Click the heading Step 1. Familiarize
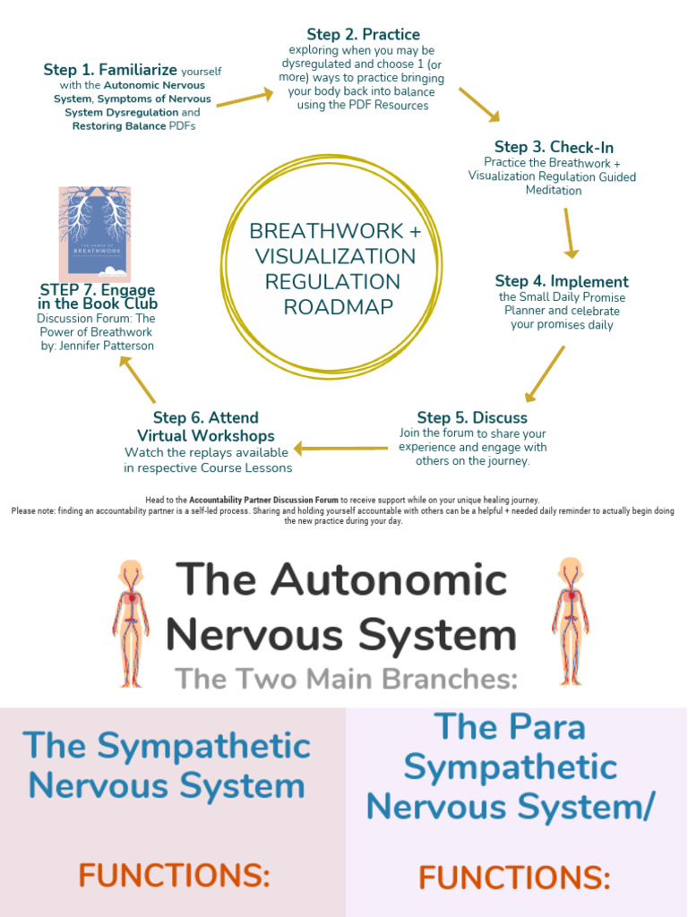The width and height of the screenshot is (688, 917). [111, 69]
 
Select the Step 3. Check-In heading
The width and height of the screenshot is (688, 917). [554, 147]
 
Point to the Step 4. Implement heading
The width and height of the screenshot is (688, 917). [562, 281]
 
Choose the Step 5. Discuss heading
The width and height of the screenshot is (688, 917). [472, 417]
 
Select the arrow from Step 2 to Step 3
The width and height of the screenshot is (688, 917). [479, 104]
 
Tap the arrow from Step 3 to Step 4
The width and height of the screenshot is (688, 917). [569, 233]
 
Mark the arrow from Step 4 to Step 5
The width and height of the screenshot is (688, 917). [545, 373]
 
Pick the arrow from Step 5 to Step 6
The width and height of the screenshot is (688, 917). [340, 448]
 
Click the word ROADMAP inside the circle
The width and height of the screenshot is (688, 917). [338, 307]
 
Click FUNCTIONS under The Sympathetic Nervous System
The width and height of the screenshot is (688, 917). [173, 874]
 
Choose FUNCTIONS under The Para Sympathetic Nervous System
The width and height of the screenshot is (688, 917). [514, 878]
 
